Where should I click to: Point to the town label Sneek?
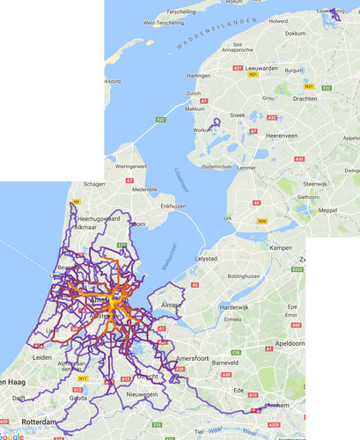[238, 115]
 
